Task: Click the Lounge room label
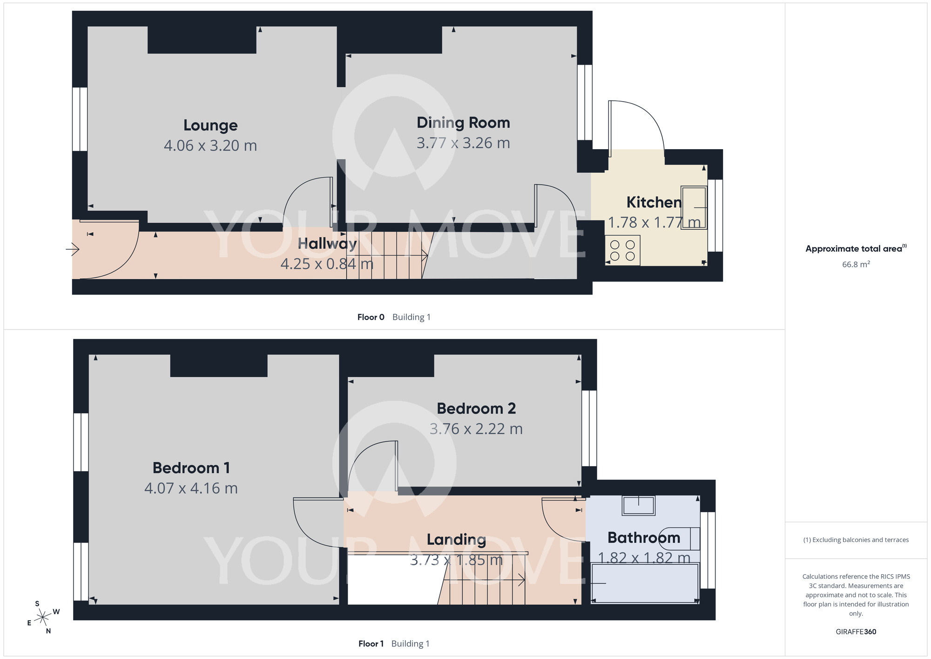(210, 125)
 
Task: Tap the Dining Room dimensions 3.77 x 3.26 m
(463, 143)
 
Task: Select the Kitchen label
(654, 202)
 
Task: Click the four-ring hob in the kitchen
(623, 250)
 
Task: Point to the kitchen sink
(694, 207)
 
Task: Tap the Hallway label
(327, 244)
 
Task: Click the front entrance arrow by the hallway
(73, 250)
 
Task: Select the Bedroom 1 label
(191, 468)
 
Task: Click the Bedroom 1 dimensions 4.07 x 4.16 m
(191, 488)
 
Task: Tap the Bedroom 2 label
(476, 409)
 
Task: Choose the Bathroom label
(644, 538)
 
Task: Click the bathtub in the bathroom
(645, 583)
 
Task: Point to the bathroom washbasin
(639, 506)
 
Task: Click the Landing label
(456, 540)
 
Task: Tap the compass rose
(43, 618)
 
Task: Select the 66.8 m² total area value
(856, 264)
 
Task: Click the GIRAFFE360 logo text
(856, 632)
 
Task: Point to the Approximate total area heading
(856, 248)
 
